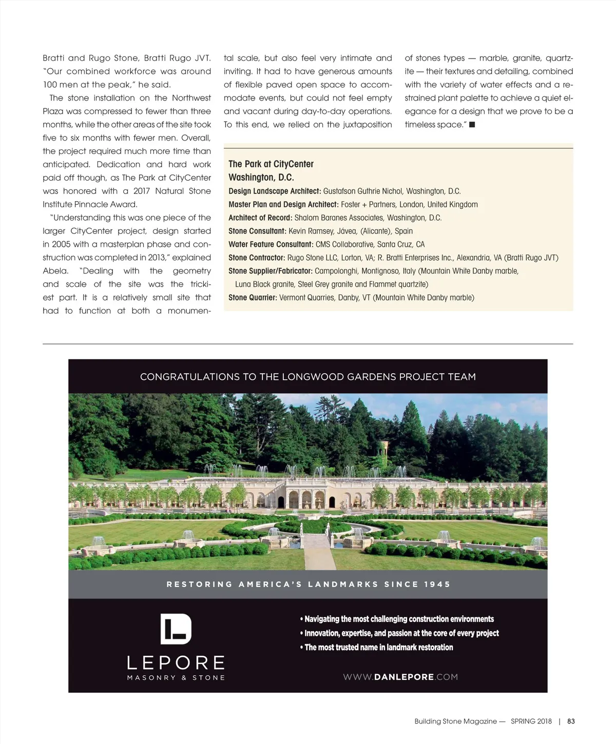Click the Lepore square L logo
(176, 629)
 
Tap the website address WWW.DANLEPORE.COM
(400, 677)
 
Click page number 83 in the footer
(571, 721)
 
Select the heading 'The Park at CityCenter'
(271, 164)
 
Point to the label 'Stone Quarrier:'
(253, 298)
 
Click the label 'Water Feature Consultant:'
(271, 244)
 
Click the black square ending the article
(472, 125)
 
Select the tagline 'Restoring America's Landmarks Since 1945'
(308, 584)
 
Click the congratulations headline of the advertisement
(308, 377)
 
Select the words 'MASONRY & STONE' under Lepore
(176, 678)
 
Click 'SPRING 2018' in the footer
(531, 721)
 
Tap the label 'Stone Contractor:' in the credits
(257, 258)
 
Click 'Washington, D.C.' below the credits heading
(261, 178)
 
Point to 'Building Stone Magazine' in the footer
(455, 721)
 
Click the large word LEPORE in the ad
(176, 662)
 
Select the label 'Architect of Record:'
(260, 218)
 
